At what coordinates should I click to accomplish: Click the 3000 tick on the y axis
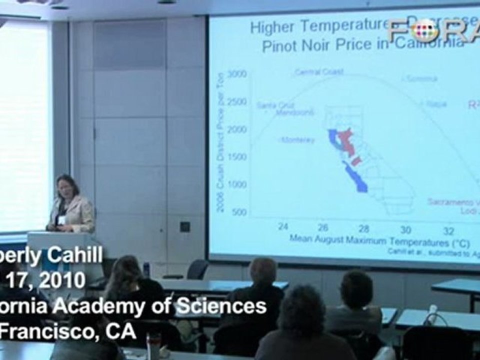pos(237,74)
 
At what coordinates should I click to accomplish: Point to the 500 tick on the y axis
pos(239,212)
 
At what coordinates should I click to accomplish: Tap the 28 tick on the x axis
pos(364,228)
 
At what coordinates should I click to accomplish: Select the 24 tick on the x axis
pos(283,226)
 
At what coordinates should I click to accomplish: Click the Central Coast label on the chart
pos(319,72)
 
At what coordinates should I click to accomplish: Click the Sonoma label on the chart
pos(421,78)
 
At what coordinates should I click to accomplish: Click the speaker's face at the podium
pos(66,187)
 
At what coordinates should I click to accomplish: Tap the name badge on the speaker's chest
pos(62,219)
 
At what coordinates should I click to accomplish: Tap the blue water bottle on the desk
pos(146,269)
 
